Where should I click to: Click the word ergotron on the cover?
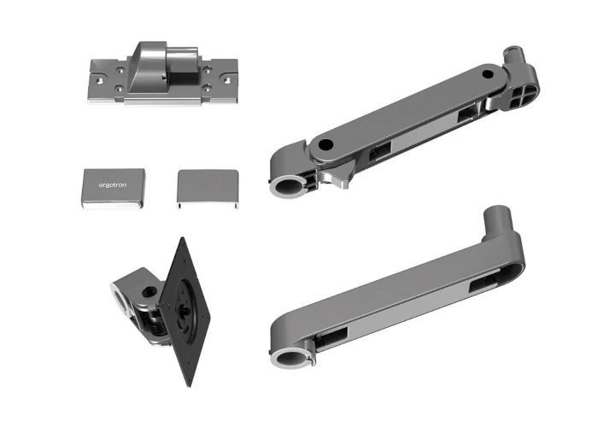113,185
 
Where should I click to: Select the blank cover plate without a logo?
208,189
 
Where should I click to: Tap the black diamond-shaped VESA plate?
185,312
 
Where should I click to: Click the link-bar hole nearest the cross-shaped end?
488,73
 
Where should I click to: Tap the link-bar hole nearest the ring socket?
325,145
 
